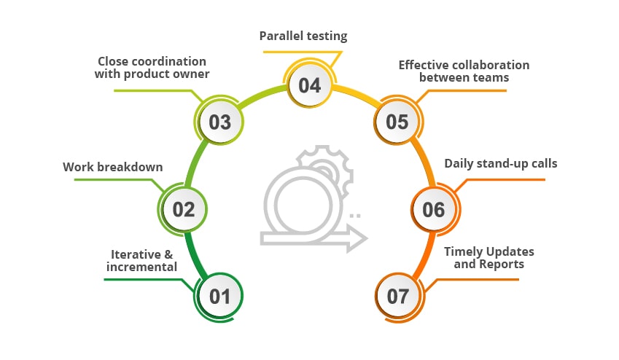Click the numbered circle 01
click(219, 297)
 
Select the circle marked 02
click(183, 209)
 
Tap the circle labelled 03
click(219, 122)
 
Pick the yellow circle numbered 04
click(309, 85)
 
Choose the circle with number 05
click(398, 121)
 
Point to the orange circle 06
click(435, 209)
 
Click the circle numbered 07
click(399, 297)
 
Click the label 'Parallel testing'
click(303, 36)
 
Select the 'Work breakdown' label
click(113, 167)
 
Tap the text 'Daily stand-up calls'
click(501, 163)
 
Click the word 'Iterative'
click(136, 254)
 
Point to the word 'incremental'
click(141, 267)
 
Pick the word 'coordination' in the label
click(168, 61)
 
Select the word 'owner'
click(193, 74)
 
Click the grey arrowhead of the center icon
click(357, 238)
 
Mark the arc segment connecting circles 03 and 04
click(261, 95)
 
